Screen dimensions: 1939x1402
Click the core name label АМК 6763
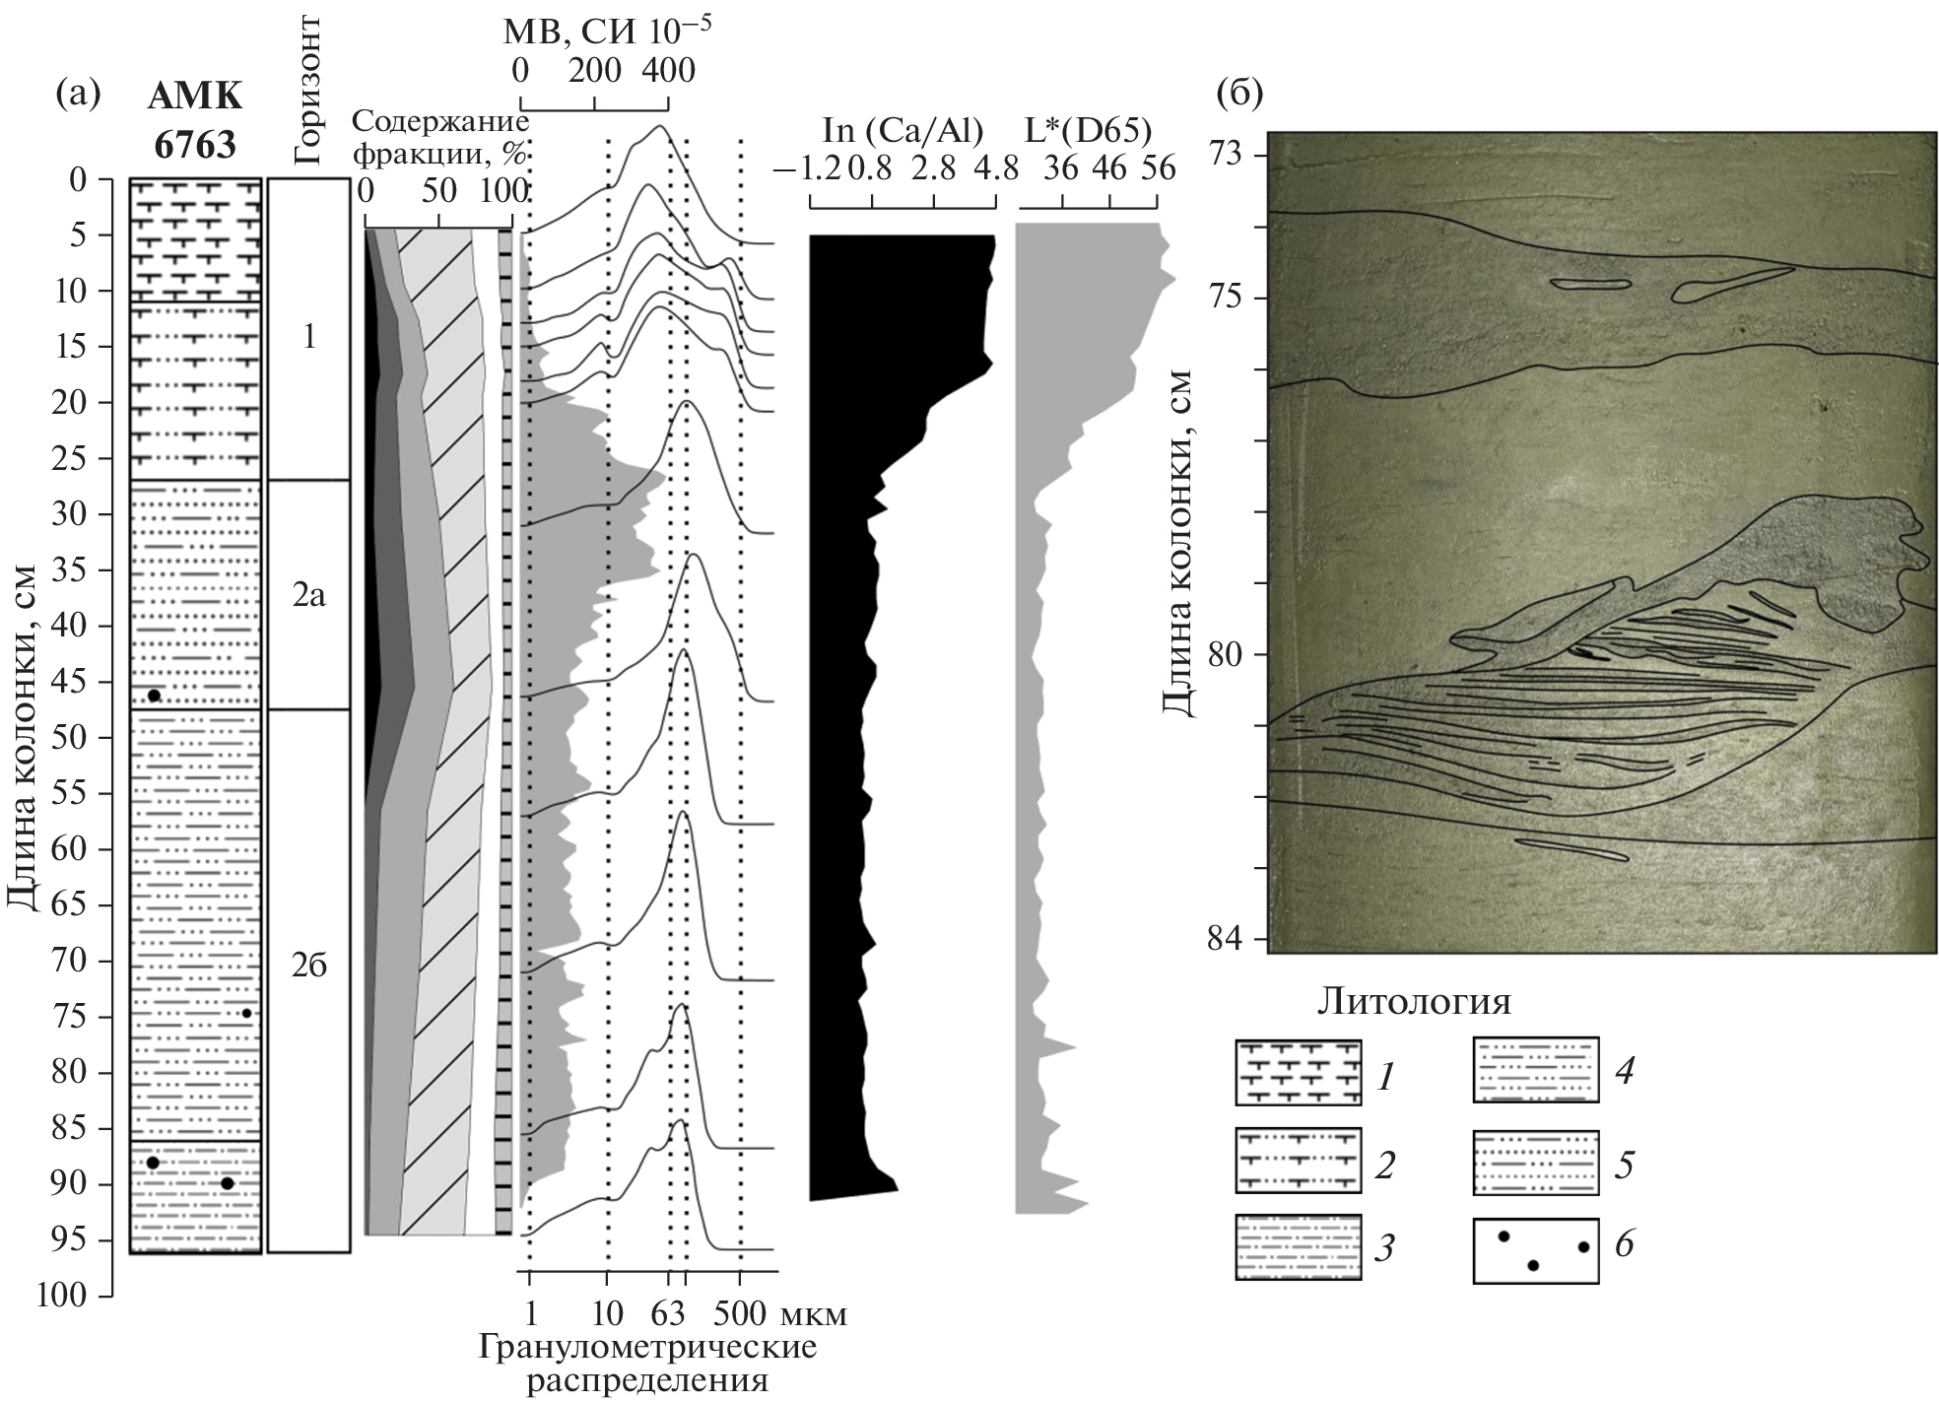click(x=195, y=121)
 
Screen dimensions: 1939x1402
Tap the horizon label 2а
click(x=308, y=595)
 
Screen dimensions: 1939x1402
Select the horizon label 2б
click(x=308, y=966)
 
